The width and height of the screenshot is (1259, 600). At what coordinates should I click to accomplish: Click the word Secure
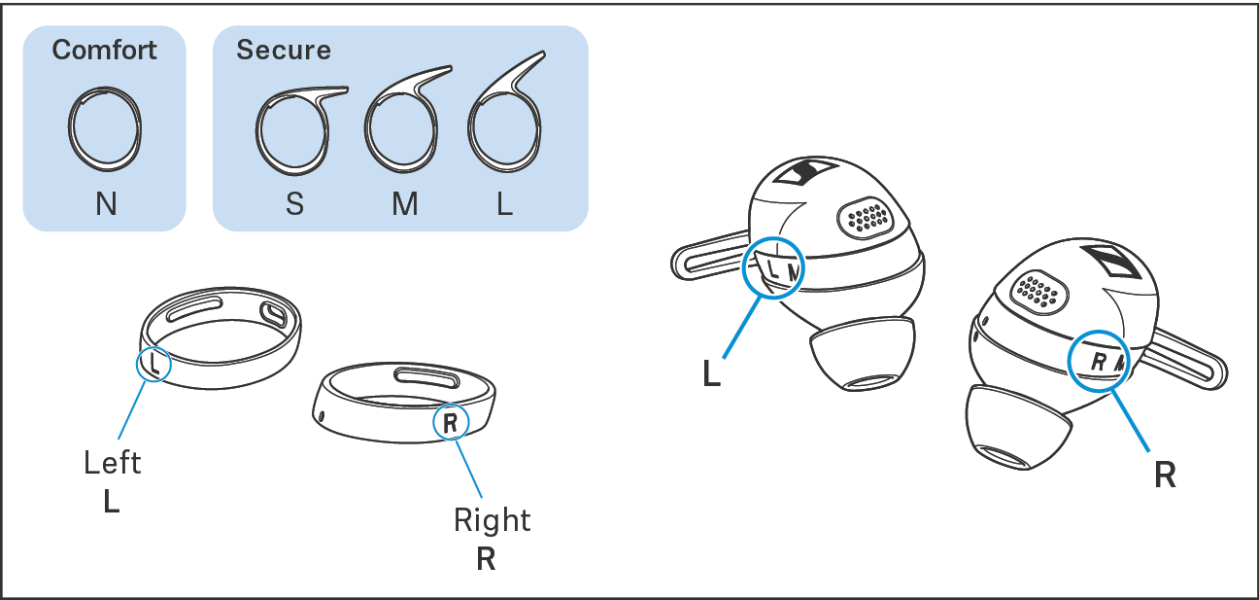pos(283,50)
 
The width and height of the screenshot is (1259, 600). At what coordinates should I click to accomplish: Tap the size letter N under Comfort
pos(106,205)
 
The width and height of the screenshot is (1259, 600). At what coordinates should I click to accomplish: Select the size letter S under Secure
pos(294,205)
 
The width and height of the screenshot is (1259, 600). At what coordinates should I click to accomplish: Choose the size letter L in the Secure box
pos(504,205)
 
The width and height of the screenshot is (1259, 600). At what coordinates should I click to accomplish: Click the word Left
pos(113,462)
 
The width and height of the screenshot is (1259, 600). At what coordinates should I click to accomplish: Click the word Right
pos(492,520)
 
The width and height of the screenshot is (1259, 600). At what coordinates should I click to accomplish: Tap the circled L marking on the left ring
pos(153,364)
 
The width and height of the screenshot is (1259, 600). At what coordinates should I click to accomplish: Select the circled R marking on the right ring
pos(450,422)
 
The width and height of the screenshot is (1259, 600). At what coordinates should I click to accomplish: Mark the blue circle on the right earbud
pos(1100,359)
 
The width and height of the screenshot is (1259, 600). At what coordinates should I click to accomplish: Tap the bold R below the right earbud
pos(1165,476)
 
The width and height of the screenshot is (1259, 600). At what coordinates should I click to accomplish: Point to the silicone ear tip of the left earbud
pos(864,354)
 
